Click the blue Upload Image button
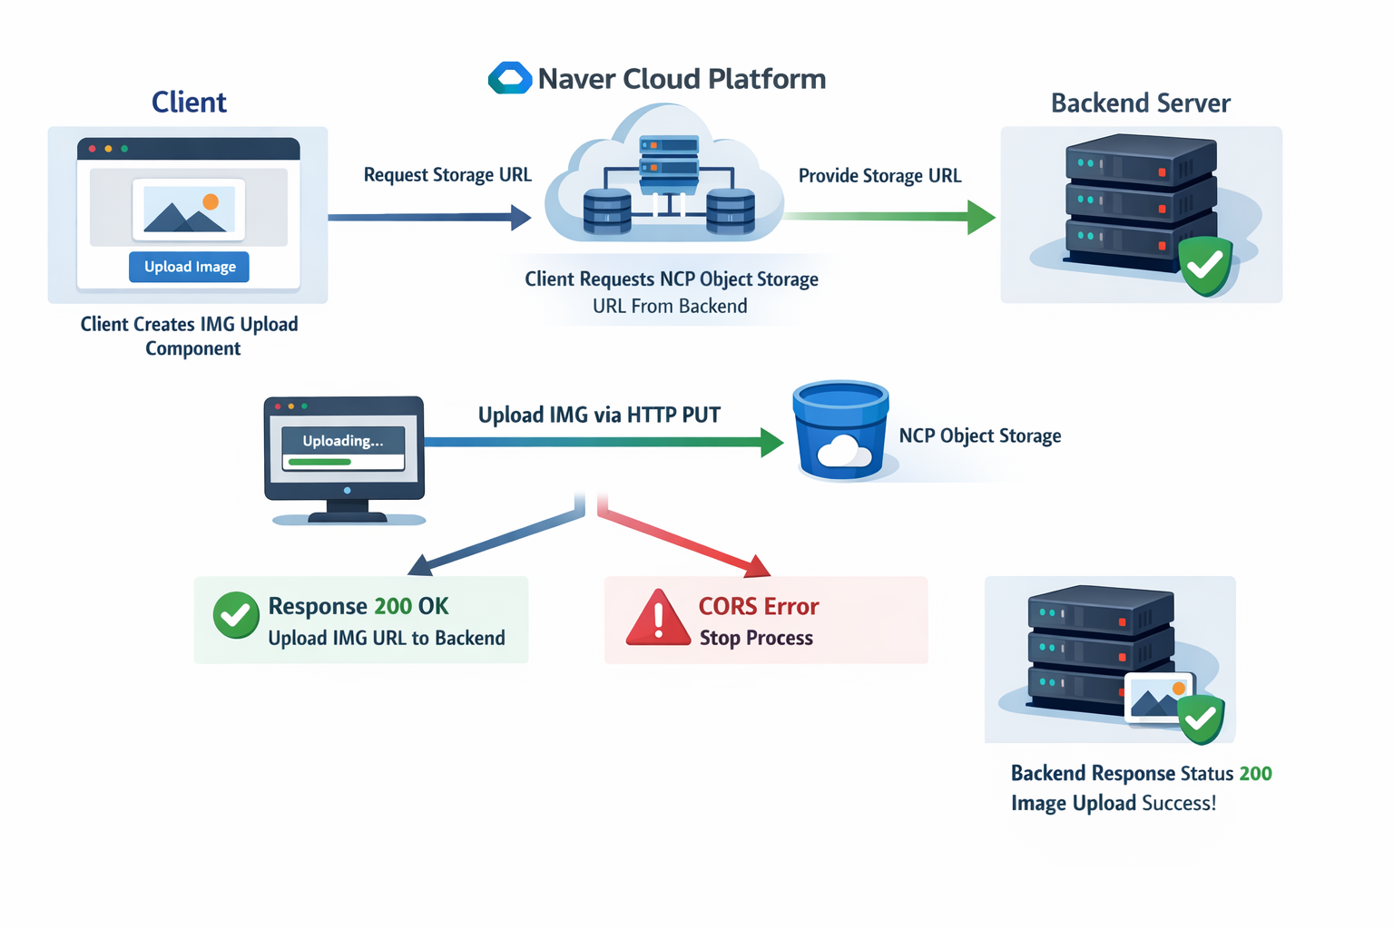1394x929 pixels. tap(189, 267)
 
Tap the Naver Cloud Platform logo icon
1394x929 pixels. tap(510, 78)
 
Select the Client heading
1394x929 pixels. tap(189, 102)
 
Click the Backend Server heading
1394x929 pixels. tap(1141, 103)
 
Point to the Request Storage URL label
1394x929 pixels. tap(447, 175)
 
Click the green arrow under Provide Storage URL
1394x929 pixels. tap(890, 217)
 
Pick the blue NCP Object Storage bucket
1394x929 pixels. tap(840, 431)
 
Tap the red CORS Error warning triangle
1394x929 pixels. tap(658, 617)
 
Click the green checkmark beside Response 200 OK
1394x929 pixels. tap(236, 615)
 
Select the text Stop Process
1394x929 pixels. tap(756, 638)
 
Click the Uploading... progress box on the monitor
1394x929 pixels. tap(344, 448)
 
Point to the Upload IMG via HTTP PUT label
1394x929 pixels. tap(599, 415)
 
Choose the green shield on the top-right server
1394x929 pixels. tap(1206, 266)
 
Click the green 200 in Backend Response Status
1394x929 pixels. tap(1255, 774)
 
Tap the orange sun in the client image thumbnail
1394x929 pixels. tap(211, 201)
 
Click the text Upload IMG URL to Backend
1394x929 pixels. tap(387, 638)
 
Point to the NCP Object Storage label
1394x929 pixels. tap(980, 435)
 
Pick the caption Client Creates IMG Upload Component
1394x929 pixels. tap(190, 336)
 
